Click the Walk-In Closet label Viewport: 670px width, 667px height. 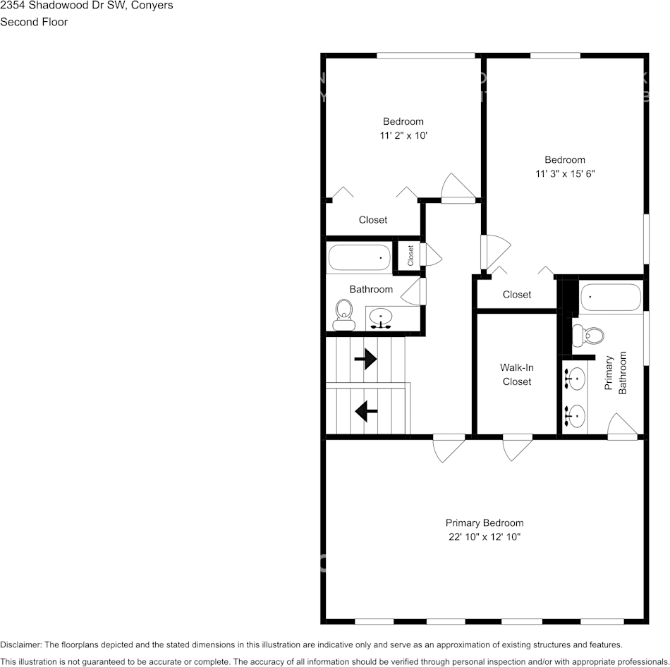516,374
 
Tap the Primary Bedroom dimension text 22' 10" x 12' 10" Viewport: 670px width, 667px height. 484,537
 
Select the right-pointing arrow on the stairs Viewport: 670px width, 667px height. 365,360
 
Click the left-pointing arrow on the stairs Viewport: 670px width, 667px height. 365,410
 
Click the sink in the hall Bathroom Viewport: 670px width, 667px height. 382,319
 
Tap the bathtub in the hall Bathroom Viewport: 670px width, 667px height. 360,257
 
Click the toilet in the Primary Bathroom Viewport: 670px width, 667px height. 587,336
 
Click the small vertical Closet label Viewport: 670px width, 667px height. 410,255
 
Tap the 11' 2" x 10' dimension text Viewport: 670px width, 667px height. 403,135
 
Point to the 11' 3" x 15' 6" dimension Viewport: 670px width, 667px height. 564,173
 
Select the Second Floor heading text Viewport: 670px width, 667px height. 34,22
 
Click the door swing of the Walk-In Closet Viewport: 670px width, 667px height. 517,449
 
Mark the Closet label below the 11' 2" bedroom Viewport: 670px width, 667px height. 372,220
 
